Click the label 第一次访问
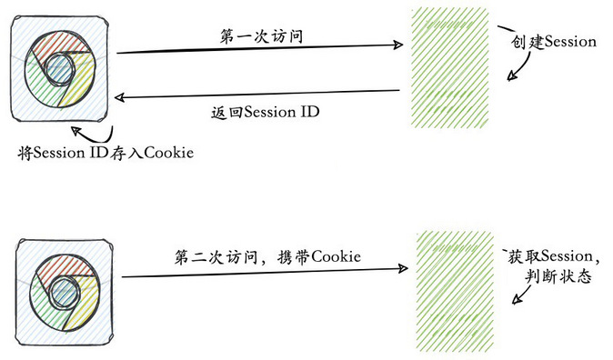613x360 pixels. point(261,36)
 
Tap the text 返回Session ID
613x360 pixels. point(265,112)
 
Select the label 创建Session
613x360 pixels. point(554,42)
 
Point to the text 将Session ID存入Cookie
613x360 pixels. point(106,153)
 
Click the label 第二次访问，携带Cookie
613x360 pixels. point(267,256)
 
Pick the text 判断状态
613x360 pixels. point(558,276)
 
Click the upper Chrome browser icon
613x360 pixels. point(59,69)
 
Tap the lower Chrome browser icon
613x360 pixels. point(65,292)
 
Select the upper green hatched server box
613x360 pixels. point(449,67)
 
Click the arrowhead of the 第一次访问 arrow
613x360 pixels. point(398,45)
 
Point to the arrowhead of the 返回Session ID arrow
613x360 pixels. point(119,97)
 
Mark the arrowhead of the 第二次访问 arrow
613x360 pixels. point(403,268)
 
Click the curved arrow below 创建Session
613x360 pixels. point(523,66)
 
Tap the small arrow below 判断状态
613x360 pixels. point(521,295)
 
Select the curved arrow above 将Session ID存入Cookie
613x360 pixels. point(97,137)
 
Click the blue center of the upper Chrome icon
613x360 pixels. point(59,70)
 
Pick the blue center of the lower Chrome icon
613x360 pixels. point(65,293)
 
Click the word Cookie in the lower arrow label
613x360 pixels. point(337,256)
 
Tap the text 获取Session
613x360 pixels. point(550,256)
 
